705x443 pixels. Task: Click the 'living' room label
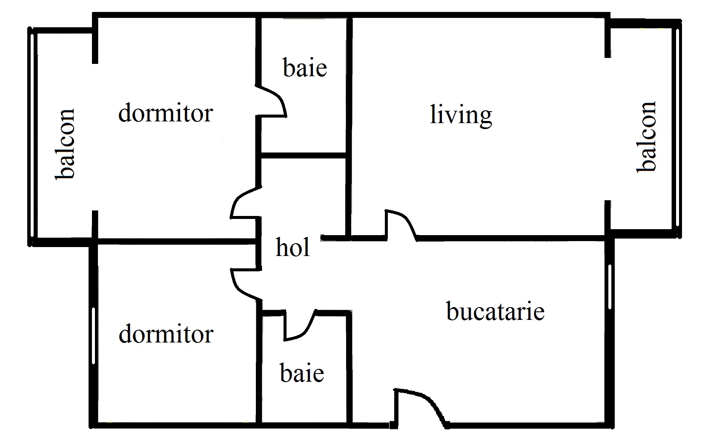[461, 116]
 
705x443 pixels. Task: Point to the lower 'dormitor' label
[166, 334]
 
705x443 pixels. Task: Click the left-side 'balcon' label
[65, 144]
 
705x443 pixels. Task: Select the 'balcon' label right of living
[646, 137]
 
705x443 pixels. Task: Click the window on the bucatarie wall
[610, 287]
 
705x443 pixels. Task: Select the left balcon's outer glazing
[32, 136]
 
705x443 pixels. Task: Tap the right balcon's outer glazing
[678, 129]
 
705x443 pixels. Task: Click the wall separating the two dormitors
[176, 242]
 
